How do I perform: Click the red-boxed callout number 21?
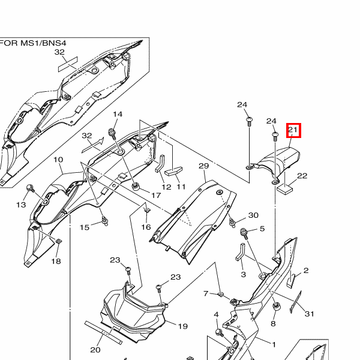point(293,130)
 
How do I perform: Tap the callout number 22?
point(302,176)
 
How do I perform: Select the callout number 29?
point(203,166)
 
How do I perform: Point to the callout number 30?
point(253,215)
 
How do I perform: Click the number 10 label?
point(58,160)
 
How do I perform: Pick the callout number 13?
point(21,205)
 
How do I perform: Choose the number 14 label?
point(117,115)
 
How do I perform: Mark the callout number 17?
point(156,195)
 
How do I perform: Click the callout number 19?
point(182,326)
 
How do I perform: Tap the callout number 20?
point(95,350)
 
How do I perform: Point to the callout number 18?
point(56,261)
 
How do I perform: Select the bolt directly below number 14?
point(112,131)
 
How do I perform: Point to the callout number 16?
point(146,227)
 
